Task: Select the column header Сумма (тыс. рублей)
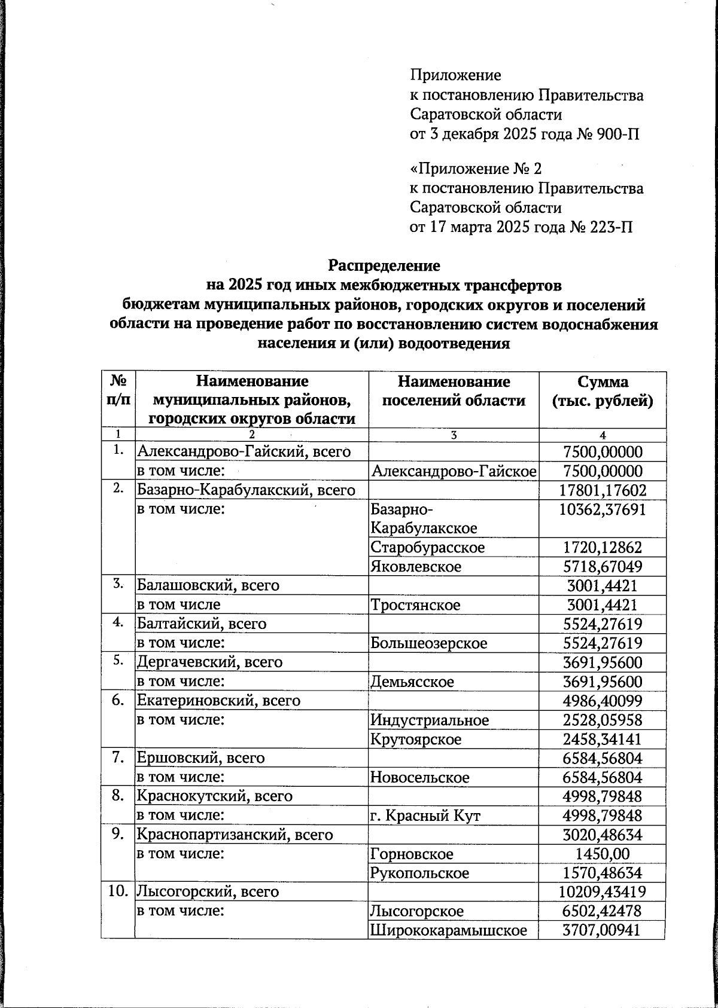click(602, 392)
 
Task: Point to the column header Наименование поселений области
click(454, 392)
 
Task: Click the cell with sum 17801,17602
click(602, 491)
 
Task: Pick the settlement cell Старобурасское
click(428, 548)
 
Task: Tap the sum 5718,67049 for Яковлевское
click(602, 567)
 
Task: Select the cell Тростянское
click(415, 605)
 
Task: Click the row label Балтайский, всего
click(202, 624)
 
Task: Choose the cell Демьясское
click(412, 682)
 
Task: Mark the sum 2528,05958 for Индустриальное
click(602, 720)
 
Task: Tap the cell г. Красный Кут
click(425, 816)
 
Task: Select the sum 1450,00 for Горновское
click(602, 854)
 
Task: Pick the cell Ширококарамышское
click(449, 931)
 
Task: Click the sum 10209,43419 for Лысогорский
click(602, 893)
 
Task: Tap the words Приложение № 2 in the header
click(476, 169)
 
